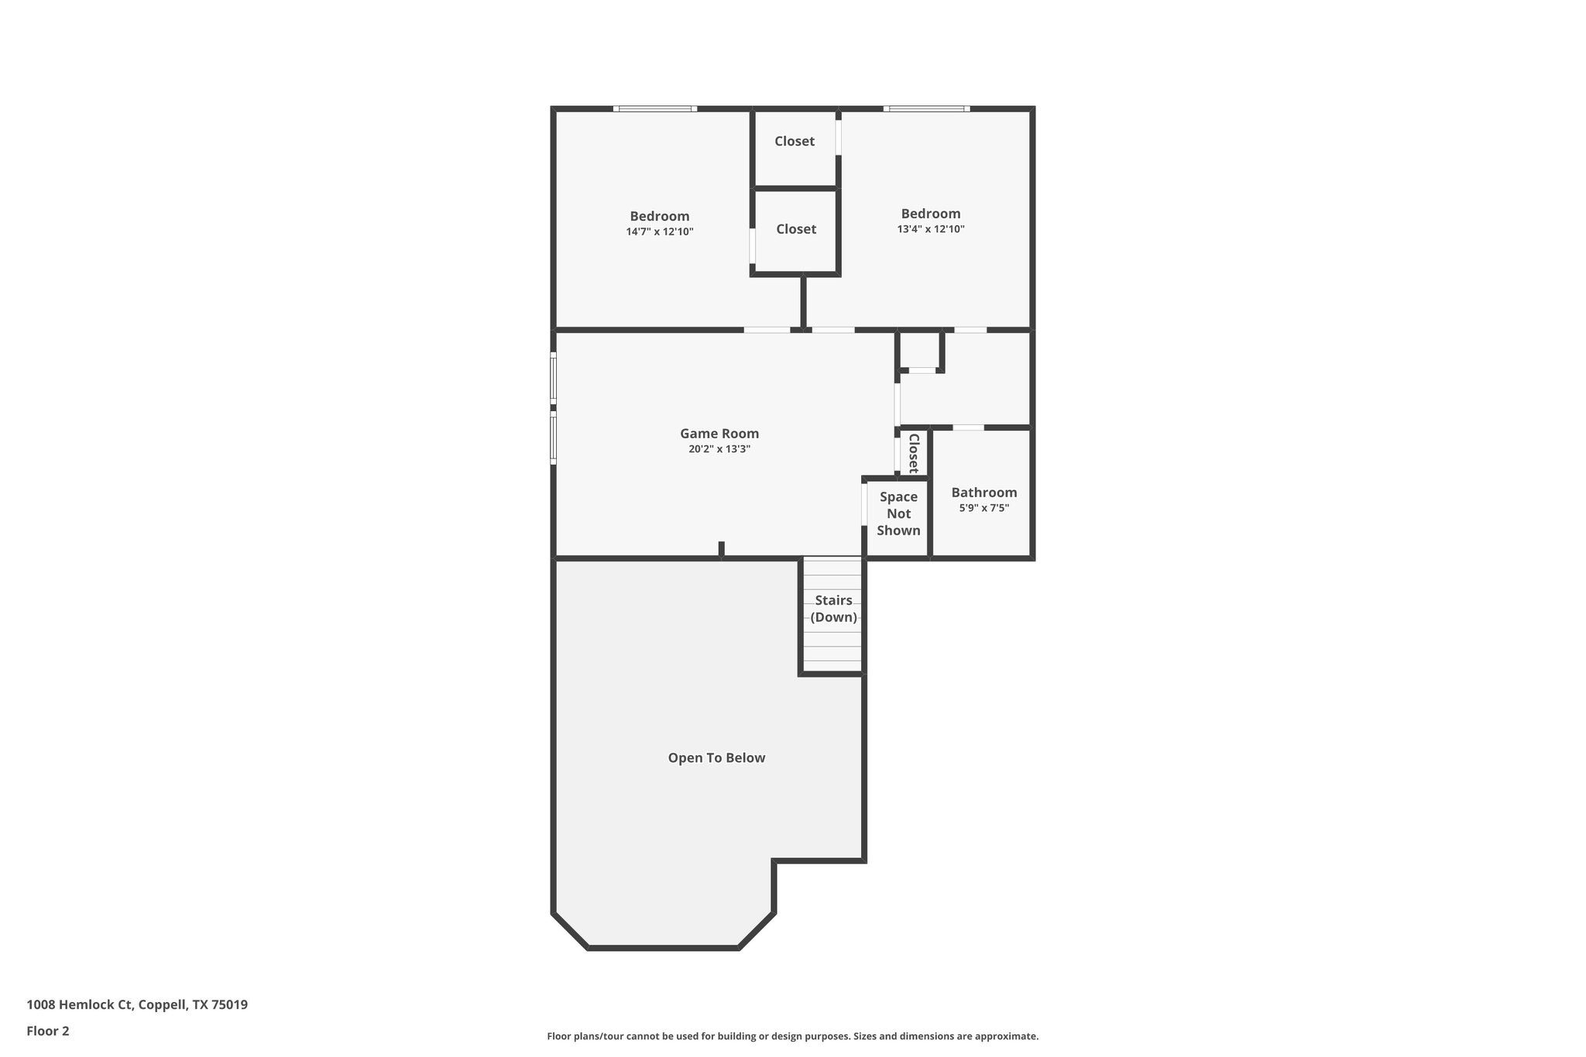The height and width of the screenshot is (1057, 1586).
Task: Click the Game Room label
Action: pyautogui.click(x=719, y=434)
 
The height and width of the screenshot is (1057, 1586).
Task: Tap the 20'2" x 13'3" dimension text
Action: pyautogui.click(x=719, y=449)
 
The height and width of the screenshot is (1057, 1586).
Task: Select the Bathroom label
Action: pyautogui.click(x=984, y=492)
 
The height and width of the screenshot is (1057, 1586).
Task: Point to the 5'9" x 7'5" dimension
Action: pyautogui.click(x=984, y=508)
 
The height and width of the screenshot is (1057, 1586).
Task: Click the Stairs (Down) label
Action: pyautogui.click(x=833, y=609)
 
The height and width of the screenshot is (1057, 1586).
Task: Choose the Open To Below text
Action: pyautogui.click(x=716, y=758)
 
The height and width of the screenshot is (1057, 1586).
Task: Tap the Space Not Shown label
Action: pyautogui.click(x=898, y=513)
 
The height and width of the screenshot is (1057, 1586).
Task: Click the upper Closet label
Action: pyautogui.click(x=795, y=141)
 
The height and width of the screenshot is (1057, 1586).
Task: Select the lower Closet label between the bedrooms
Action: pyautogui.click(x=796, y=229)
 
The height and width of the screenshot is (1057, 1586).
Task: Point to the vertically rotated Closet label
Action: pyautogui.click(x=914, y=454)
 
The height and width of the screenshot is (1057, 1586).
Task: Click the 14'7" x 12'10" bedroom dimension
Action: pyautogui.click(x=660, y=232)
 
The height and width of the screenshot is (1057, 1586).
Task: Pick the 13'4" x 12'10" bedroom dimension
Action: pyautogui.click(x=931, y=229)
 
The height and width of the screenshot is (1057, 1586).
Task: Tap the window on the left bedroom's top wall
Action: pyautogui.click(x=655, y=109)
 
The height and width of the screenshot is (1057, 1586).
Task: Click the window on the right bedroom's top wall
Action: pyautogui.click(x=926, y=109)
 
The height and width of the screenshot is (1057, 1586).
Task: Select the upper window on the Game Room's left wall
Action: pyautogui.click(x=553, y=377)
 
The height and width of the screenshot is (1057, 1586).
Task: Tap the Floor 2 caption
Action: pyautogui.click(x=48, y=1031)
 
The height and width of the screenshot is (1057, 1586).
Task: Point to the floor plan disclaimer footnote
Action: pyautogui.click(x=792, y=1036)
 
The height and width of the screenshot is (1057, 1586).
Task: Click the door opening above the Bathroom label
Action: pyautogui.click(x=968, y=427)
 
